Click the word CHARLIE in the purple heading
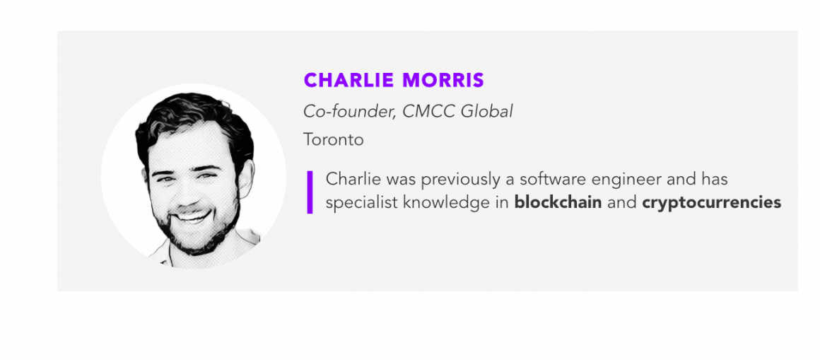[348, 80]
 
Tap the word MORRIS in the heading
[443, 80]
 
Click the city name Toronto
[334, 140]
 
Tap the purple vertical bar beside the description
[310, 192]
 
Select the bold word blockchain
[558, 202]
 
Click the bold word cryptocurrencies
[712, 203]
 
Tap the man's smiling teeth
[193, 216]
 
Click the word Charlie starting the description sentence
[352, 179]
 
